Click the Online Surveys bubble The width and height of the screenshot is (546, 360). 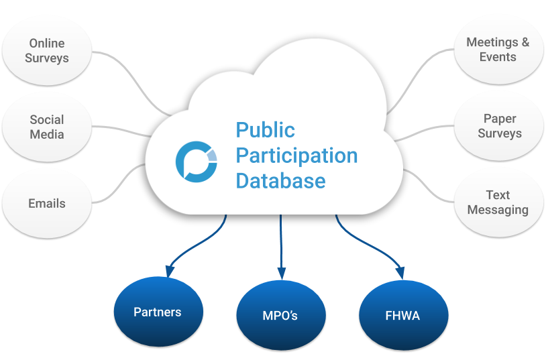pyautogui.click(x=47, y=51)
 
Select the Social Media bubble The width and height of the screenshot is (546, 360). pyautogui.click(x=47, y=127)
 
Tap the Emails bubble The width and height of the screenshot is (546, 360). pyautogui.click(x=47, y=203)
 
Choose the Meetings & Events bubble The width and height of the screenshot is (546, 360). pyautogui.click(x=498, y=50)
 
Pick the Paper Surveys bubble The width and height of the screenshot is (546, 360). pyautogui.click(x=499, y=126)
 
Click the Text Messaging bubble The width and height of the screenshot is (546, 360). pyautogui.click(x=498, y=202)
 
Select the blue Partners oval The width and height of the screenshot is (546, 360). pyautogui.click(x=158, y=312)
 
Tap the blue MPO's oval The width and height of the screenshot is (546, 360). pyautogui.click(x=280, y=315)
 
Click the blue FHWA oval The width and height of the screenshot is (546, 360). pyautogui.click(x=402, y=315)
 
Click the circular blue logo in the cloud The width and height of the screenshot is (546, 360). pyautogui.click(x=197, y=161)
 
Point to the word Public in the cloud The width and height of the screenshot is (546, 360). pyautogui.click(x=265, y=129)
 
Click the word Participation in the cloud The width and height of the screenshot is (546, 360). pyautogui.click(x=296, y=156)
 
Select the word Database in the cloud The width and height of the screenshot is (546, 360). pyautogui.click(x=280, y=180)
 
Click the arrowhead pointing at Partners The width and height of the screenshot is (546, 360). pyautogui.click(x=170, y=271)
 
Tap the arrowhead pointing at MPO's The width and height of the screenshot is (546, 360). pyautogui.click(x=282, y=274)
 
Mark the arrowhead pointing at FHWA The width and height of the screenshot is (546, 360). pyautogui.click(x=400, y=272)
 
